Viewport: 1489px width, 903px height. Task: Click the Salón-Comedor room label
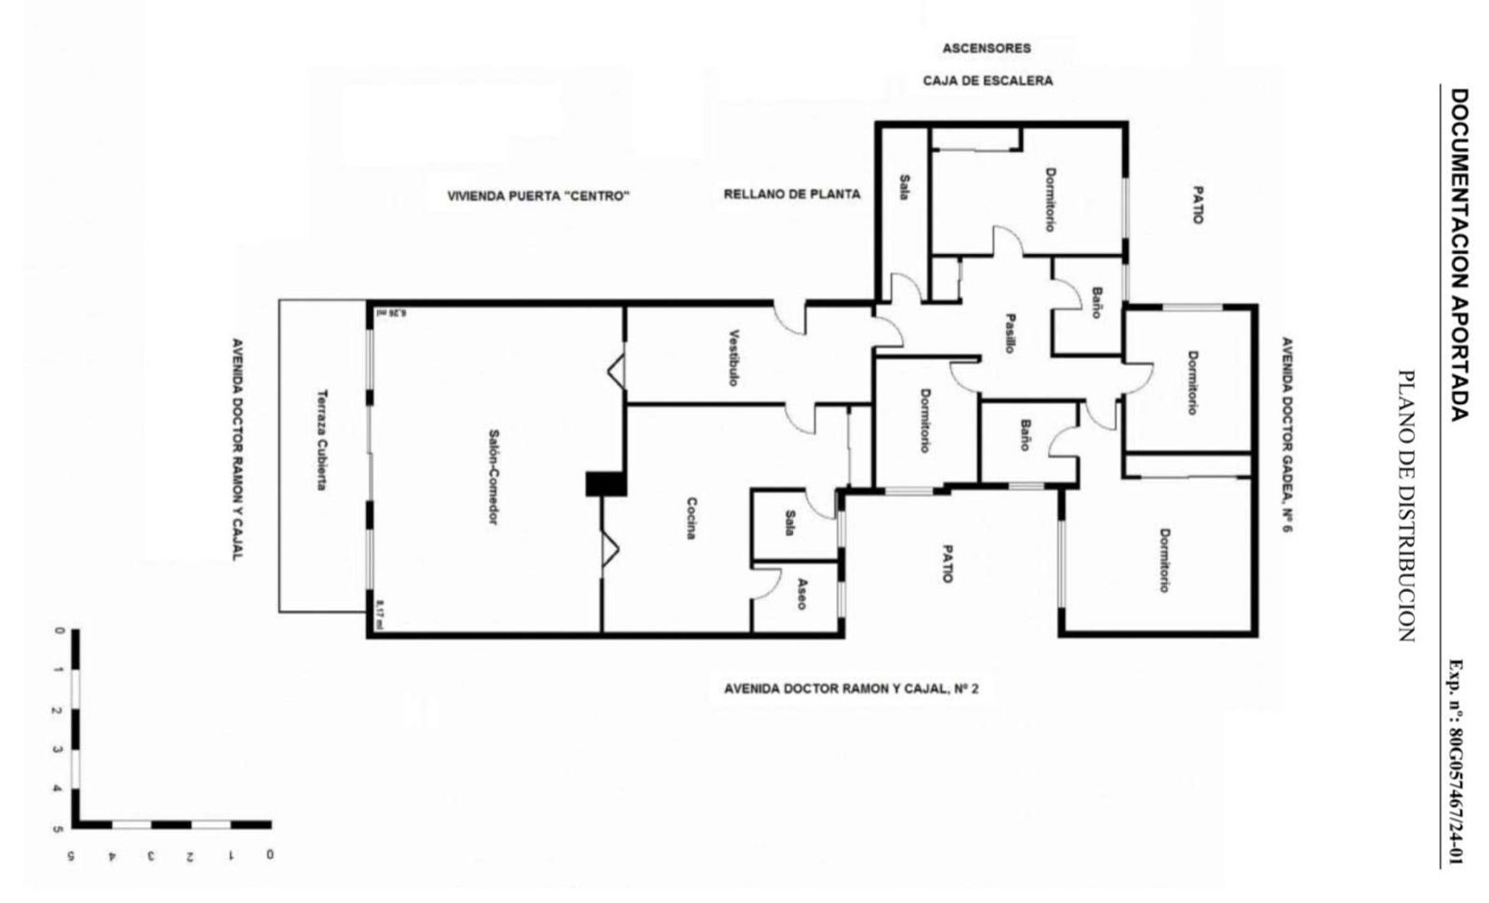(x=494, y=477)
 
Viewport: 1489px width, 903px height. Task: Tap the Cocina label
(x=691, y=518)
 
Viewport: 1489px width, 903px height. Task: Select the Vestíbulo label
(x=734, y=359)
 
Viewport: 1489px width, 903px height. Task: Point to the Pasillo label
(x=1011, y=334)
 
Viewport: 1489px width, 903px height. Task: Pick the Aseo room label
(x=801, y=594)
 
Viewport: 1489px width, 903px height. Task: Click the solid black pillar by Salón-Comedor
(x=605, y=484)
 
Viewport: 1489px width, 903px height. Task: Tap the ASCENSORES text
(x=986, y=48)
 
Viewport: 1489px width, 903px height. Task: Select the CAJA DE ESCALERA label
(x=987, y=81)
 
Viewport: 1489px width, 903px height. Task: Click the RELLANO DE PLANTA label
(x=791, y=195)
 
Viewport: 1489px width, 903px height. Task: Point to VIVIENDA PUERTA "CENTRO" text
(x=538, y=196)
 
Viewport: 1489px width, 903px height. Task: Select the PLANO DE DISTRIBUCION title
(x=1408, y=506)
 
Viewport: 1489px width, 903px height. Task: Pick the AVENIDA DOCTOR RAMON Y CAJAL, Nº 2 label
(x=851, y=690)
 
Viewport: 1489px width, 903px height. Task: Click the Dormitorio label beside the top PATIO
(x=1050, y=200)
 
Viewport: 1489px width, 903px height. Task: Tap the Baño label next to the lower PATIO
(x=1026, y=436)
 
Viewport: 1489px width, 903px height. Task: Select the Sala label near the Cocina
(x=789, y=523)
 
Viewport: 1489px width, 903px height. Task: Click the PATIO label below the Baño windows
(x=947, y=564)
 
